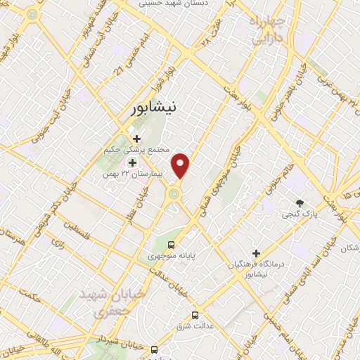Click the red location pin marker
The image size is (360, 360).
click(181, 166)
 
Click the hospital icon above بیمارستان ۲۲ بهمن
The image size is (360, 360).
click(132, 162)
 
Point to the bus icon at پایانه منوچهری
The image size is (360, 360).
click(171, 245)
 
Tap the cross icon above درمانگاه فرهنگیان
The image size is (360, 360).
click(256, 253)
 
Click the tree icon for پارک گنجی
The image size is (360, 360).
click(300, 203)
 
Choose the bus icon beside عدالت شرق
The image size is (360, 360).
click(195, 315)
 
